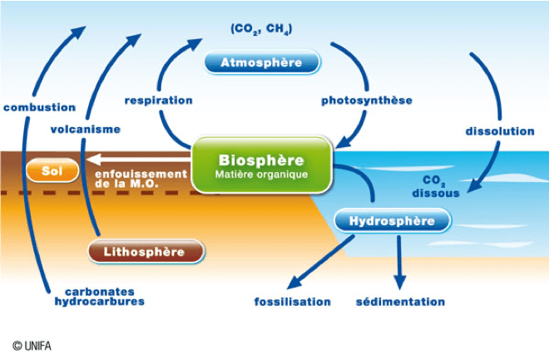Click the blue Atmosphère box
261,62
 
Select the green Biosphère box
262,165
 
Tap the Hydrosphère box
392,221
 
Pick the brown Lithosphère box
146,250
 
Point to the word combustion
39,107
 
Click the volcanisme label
85,129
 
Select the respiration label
158,101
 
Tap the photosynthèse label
367,101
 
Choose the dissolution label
499,131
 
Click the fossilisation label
292,302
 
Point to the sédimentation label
400,302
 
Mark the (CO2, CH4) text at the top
261,30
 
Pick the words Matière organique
261,175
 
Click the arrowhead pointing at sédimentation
399,280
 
